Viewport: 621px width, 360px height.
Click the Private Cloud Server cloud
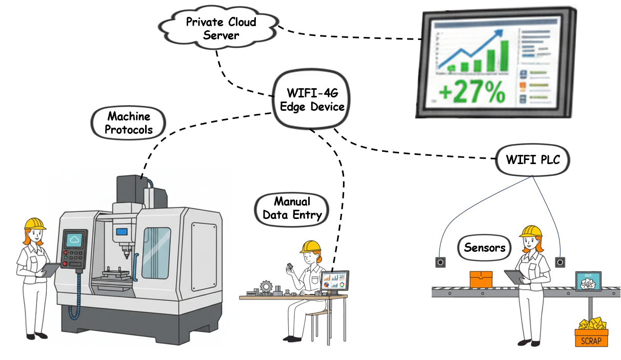pos(221,29)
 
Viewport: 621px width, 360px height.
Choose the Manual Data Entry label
pos(292,208)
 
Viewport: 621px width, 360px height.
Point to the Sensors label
pos(484,248)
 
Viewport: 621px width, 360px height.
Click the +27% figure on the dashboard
pos(472,93)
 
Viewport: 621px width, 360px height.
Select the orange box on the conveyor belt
pos(481,279)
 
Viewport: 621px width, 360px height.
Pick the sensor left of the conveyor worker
pos(440,262)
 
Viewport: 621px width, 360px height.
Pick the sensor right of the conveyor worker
pos(560,262)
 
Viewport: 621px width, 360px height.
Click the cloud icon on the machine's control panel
pos(74,239)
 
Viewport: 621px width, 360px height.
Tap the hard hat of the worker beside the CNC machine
pos(35,224)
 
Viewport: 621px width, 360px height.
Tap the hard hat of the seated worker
pos(310,247)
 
